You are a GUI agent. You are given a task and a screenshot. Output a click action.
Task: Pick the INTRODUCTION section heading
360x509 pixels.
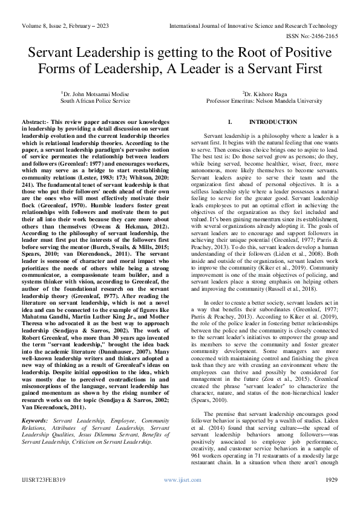(x=264, y=122)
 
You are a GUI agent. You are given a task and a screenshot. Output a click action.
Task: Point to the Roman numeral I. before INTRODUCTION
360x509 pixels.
(x=230, y=122)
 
